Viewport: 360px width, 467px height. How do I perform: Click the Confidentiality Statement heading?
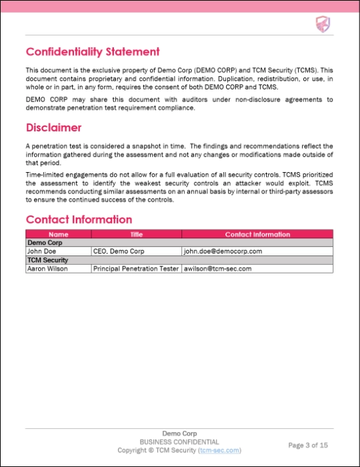coord(93,52)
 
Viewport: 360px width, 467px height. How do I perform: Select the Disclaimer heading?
coord(54,127)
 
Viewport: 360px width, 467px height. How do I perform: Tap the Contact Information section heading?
coord(79,219)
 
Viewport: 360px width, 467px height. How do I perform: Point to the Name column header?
coord(58,235)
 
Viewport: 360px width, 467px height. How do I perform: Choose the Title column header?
coord(136,235)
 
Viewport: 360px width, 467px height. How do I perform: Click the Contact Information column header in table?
coord(257,235)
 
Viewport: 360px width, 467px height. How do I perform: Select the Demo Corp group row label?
coord(41,243)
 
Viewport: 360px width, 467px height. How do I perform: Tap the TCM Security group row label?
coord(46,260)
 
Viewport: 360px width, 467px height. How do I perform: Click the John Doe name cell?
coord(41,252)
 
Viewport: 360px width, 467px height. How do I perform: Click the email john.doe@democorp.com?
coord(223,252)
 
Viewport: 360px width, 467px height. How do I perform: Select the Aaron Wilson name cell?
coord(47,268)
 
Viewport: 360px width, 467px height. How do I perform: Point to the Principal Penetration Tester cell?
coord(135,268)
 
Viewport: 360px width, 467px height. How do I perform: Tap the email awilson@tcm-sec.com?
coord(217,268)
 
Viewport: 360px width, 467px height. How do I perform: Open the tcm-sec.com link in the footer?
coord(219,450)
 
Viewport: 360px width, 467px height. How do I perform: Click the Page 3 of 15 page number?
coord(307,445)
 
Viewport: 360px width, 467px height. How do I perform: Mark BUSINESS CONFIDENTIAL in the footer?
coord(179,442)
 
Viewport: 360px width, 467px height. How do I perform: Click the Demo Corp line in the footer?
coord(179,434)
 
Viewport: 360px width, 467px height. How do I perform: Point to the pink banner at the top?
coord(180,5)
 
